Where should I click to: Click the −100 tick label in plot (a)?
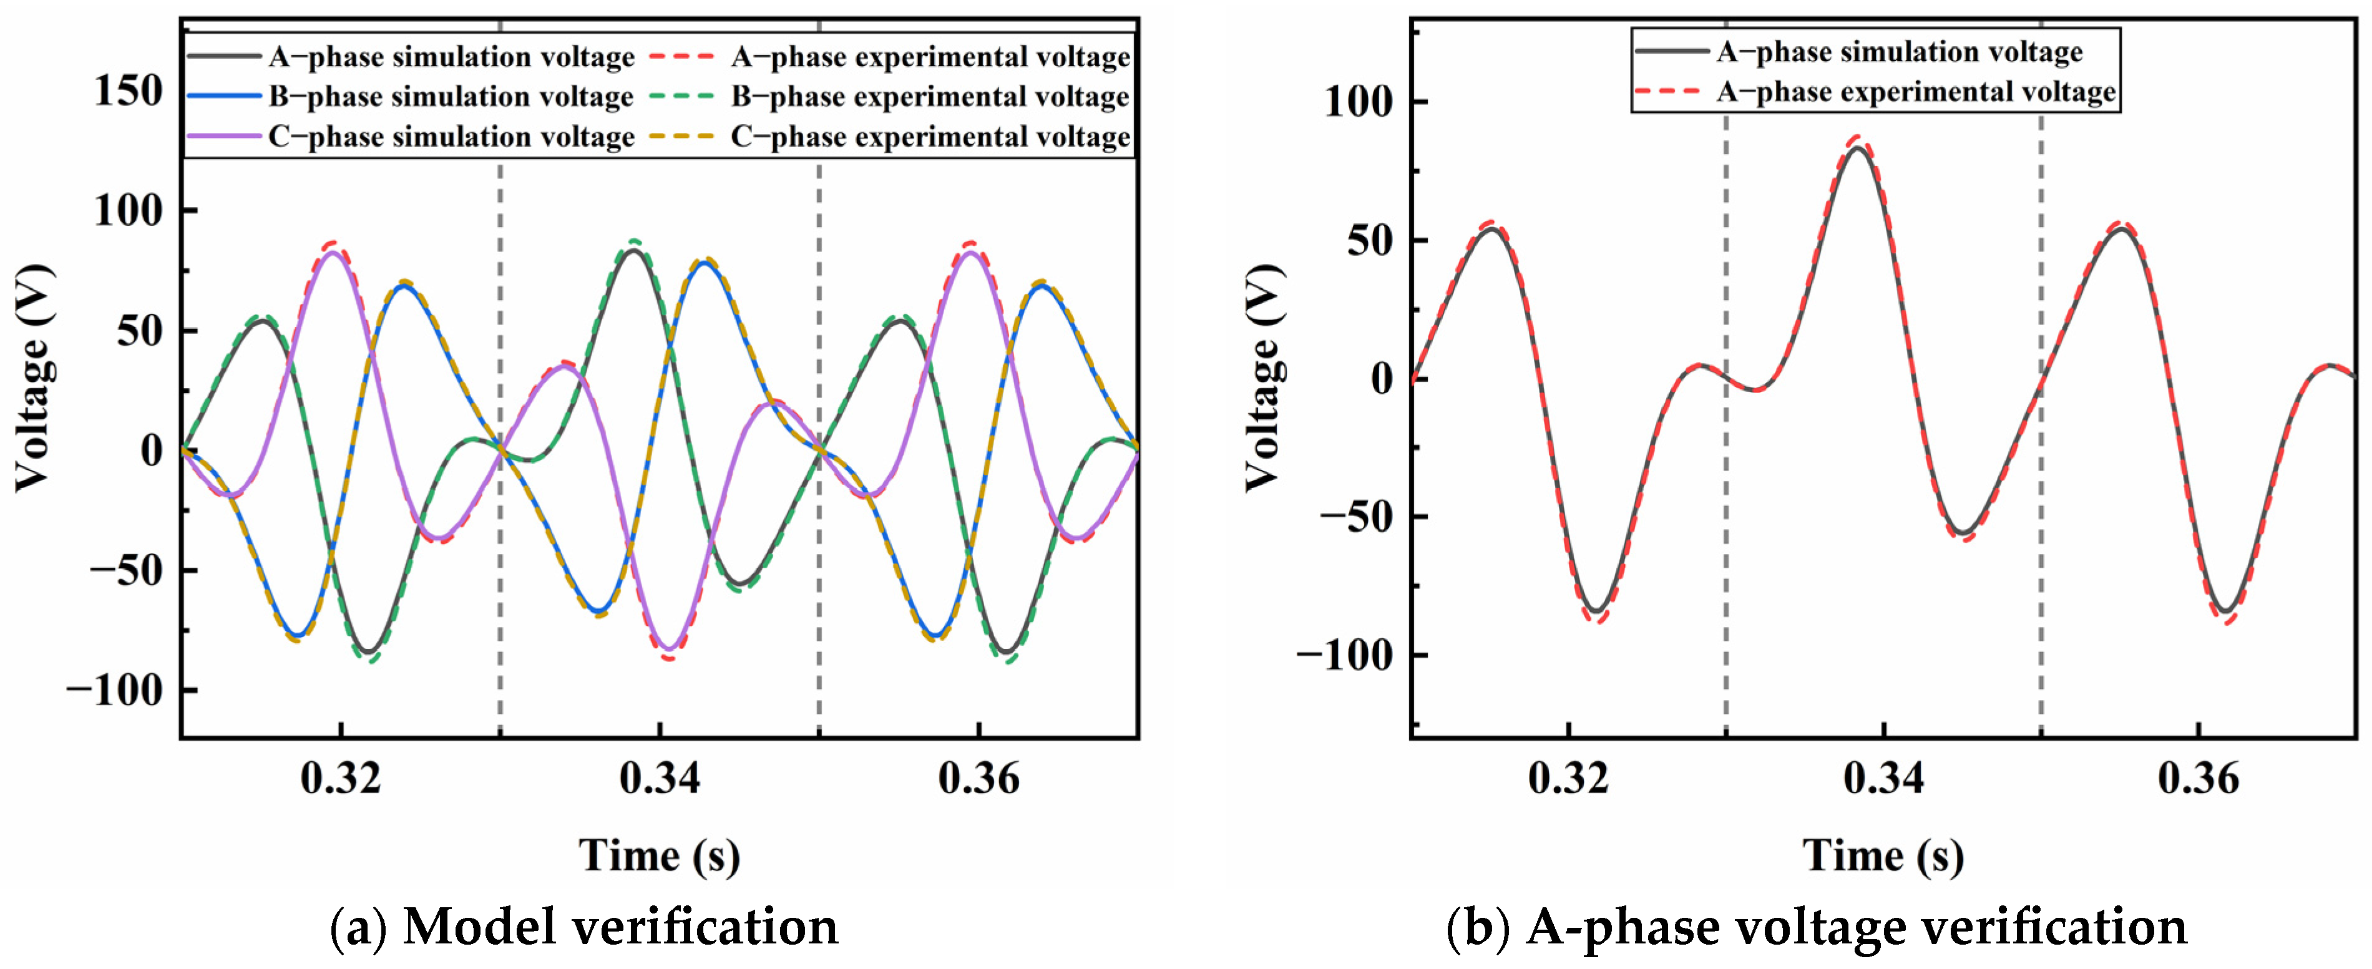coord(114,690)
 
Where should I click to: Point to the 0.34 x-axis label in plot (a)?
coord(659,778)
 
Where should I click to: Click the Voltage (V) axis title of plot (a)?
coord(34,377)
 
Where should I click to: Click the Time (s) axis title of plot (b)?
coord(1882,855)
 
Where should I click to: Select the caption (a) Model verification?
coord(583,927)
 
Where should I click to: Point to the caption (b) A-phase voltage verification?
coord(1816,927)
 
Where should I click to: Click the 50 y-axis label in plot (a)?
coord(140,331)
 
